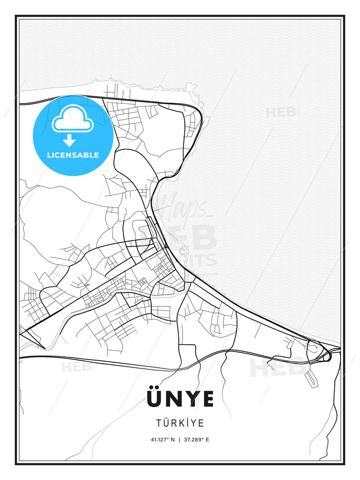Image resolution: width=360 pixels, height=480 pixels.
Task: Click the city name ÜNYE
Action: click(180, 398)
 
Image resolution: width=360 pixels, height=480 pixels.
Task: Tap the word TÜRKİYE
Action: click(180, 423)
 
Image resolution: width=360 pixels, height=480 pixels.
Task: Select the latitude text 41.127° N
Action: click(163, 440)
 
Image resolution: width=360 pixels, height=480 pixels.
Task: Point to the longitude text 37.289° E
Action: click(196, 440)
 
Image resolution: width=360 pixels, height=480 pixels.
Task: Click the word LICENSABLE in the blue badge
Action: click(73, 155)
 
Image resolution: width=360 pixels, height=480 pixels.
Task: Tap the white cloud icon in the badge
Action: click(73, 119)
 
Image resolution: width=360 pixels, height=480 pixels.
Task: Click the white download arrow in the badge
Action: click(69, 141)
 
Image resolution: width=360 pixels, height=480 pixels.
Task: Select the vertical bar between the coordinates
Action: click(180, 440)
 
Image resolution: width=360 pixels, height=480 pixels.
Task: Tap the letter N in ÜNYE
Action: click(172, 399)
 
